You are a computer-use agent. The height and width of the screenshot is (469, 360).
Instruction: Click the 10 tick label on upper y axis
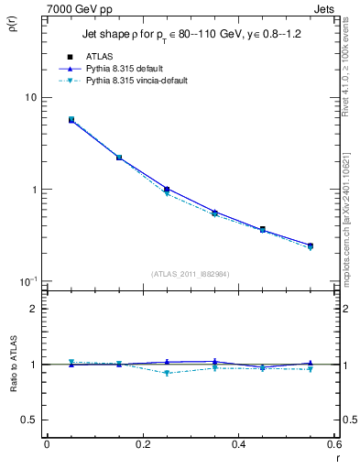[x=29, y=98]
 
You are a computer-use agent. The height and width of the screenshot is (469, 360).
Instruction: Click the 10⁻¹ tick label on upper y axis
[x=27, y=280]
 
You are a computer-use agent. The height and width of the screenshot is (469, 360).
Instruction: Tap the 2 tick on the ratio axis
[x=32, y=309]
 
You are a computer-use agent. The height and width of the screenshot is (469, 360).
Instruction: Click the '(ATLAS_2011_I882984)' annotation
[x=190, y=274]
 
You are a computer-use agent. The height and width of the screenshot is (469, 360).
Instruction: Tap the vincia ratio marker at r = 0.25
[x=167, y=373]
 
